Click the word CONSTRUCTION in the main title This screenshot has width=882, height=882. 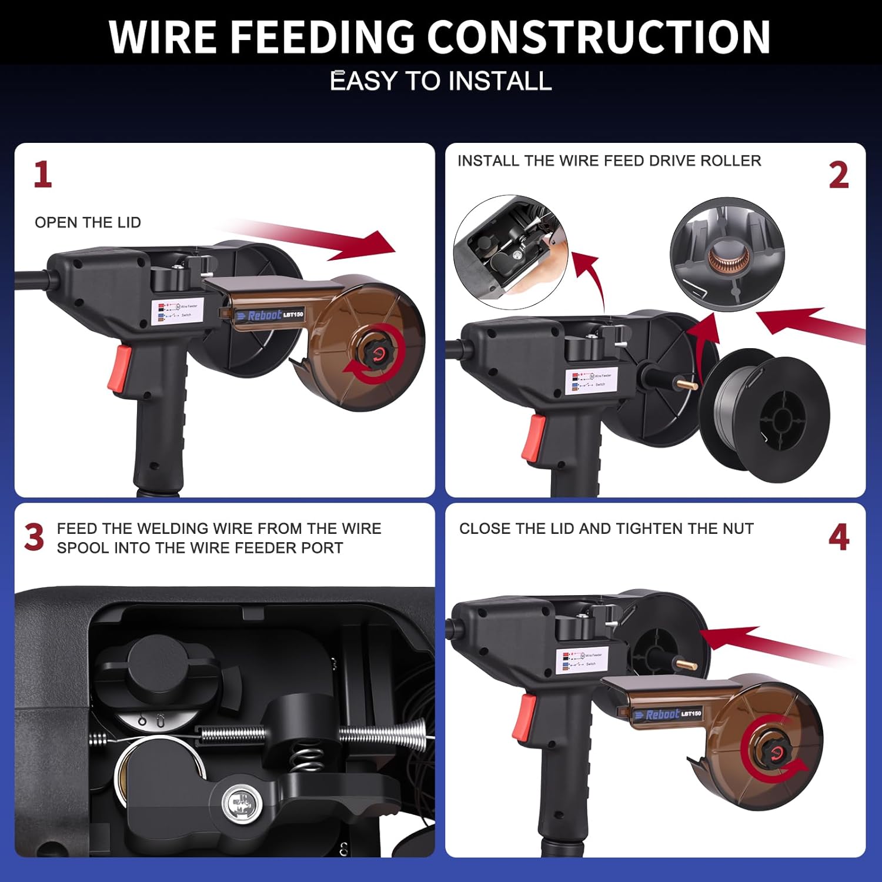pos(599,36)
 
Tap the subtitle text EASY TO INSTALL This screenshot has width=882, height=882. pos(441,81)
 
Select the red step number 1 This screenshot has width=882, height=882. pos(42,175)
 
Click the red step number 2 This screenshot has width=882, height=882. pos(838,175)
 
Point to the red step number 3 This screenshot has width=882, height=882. pos(34,537)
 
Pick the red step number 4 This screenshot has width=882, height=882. pos(838,537)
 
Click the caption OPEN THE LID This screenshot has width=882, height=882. pos(88,222)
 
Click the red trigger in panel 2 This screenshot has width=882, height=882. pos(534,437)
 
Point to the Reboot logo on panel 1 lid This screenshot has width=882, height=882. pos(265,315)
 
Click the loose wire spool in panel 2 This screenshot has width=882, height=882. pos(764,416)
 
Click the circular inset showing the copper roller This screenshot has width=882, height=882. pos(727,254)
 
